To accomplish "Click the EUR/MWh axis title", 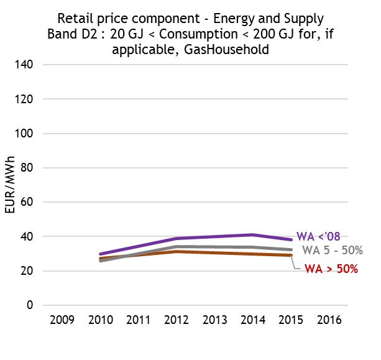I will coord(11,185).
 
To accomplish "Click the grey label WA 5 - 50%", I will coord(332,251).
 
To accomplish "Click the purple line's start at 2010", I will coord(101,254).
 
